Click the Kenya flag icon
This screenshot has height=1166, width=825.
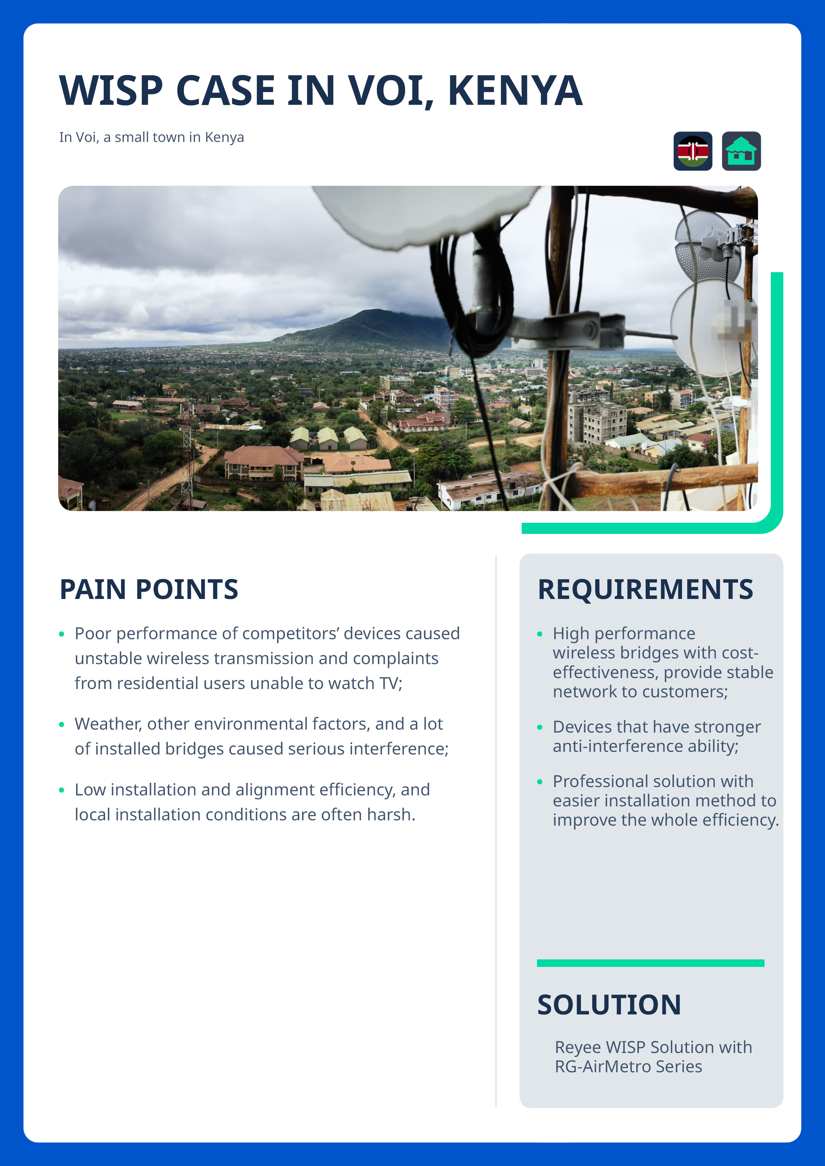[x=693, y=151]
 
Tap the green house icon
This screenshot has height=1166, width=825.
[x=741, y=151]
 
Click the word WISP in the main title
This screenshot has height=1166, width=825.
[x=111, y=91]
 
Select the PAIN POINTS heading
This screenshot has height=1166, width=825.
[x=149, y=589]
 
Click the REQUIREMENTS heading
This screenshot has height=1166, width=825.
[x=645, y=589]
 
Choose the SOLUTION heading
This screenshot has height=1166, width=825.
[x=609, y=1004]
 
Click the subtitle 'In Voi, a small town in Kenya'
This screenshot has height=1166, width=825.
[x=151, y=137]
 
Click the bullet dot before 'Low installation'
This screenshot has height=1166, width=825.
[x=62, y=790]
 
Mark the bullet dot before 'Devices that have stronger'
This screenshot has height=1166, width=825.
[x=539, y=727]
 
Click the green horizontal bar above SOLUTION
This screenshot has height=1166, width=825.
[x=650, y=963]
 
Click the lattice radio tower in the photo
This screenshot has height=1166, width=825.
[x=188, y=452]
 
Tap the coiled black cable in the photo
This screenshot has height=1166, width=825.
[x=473, y=294]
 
